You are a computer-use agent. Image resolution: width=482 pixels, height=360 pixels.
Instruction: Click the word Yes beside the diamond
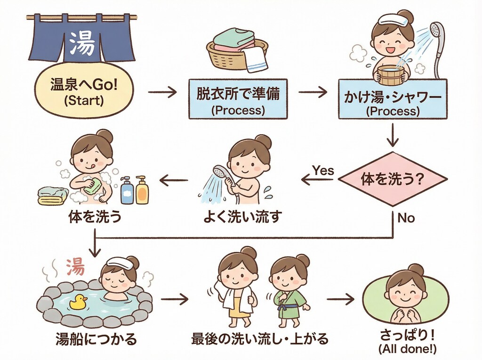coord(323,170)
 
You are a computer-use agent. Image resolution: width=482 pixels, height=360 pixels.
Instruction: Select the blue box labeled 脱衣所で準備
coord(237,98)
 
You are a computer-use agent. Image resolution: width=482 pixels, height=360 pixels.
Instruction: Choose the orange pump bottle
coord(142,190)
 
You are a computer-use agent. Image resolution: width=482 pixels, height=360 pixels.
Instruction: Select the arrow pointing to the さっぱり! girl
coord(339,299)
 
